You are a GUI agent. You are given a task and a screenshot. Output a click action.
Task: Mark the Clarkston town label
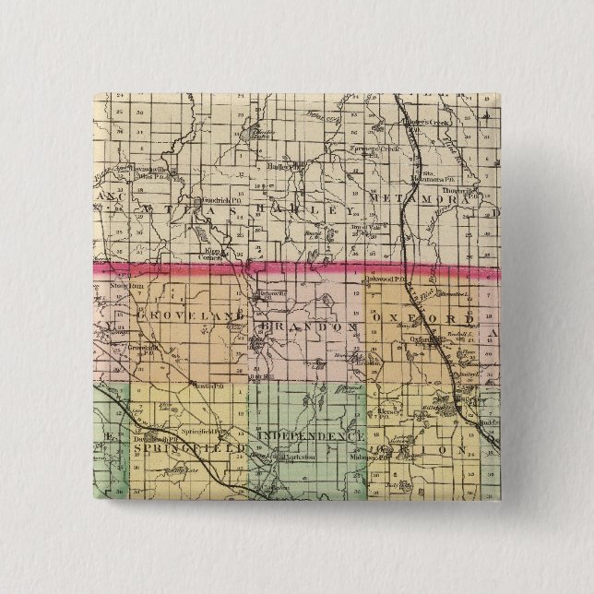tap(296, 457)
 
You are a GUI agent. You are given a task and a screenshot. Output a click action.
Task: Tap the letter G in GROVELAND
tap(141, 315)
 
